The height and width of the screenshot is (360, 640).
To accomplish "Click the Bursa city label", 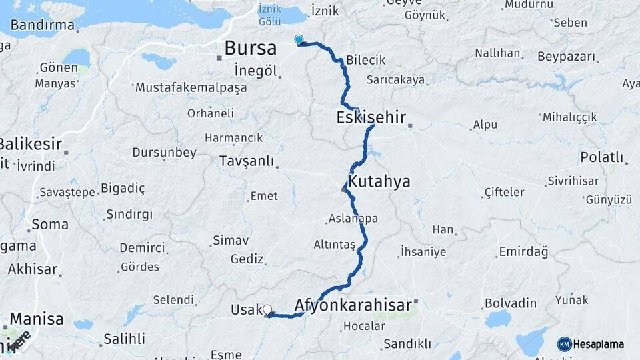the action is coord(250,48).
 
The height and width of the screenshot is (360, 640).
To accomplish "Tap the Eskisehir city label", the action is coord(372,118).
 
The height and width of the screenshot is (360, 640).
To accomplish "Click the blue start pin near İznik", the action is coord(299,40).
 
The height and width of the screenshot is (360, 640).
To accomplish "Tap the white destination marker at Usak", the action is coord(267,309).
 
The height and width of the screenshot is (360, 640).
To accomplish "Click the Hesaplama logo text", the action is coord(599,344).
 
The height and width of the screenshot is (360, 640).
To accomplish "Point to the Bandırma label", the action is coord(42,25).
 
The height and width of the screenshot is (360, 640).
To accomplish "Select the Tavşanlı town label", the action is coord(247,161).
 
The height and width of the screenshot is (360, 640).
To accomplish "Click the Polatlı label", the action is coord(601,157).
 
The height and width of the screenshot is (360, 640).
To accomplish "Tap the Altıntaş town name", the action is coord(335,245).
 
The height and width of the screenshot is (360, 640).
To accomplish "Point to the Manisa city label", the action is coord(37,318).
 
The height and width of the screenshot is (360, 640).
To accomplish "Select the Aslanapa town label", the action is coord(353,219).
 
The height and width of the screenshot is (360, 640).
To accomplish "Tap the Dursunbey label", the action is coord(164,153).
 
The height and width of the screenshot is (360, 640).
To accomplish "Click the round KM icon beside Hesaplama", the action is coord(565,344).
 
